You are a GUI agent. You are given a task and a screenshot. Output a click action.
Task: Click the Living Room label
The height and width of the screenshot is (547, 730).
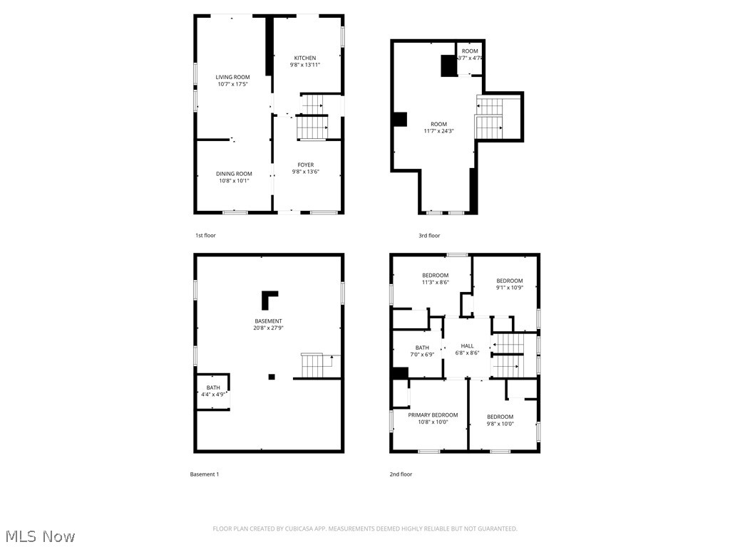233,77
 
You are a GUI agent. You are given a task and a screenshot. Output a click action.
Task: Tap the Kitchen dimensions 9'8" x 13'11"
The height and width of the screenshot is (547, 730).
305,65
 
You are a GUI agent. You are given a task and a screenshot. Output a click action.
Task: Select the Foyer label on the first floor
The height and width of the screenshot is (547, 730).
305,165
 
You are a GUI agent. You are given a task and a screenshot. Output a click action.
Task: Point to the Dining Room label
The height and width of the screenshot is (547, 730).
235,173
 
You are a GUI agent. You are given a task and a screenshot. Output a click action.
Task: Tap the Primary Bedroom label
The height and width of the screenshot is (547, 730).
433,415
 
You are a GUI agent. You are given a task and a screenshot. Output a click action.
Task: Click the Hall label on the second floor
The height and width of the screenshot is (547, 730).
467,345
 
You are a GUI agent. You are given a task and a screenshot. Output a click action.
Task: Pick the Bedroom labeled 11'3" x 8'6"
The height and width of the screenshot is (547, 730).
435,276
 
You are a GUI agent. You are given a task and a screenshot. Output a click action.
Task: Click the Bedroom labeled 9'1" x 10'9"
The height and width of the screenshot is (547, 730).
510,281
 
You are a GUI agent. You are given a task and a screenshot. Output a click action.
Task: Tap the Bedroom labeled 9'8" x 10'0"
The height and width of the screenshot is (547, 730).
500,417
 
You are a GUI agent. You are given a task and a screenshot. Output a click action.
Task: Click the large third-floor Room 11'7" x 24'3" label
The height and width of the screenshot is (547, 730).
438,124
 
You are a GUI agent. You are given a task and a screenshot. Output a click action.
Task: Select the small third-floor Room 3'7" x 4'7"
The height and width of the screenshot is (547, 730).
470,51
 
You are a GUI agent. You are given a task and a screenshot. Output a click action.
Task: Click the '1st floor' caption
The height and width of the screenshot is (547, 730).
205,235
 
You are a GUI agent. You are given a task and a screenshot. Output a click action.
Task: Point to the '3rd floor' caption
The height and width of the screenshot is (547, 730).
429,235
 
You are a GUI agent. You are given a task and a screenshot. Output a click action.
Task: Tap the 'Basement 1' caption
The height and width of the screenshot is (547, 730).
205,474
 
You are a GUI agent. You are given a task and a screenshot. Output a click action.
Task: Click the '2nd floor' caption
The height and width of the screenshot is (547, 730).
401,474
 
